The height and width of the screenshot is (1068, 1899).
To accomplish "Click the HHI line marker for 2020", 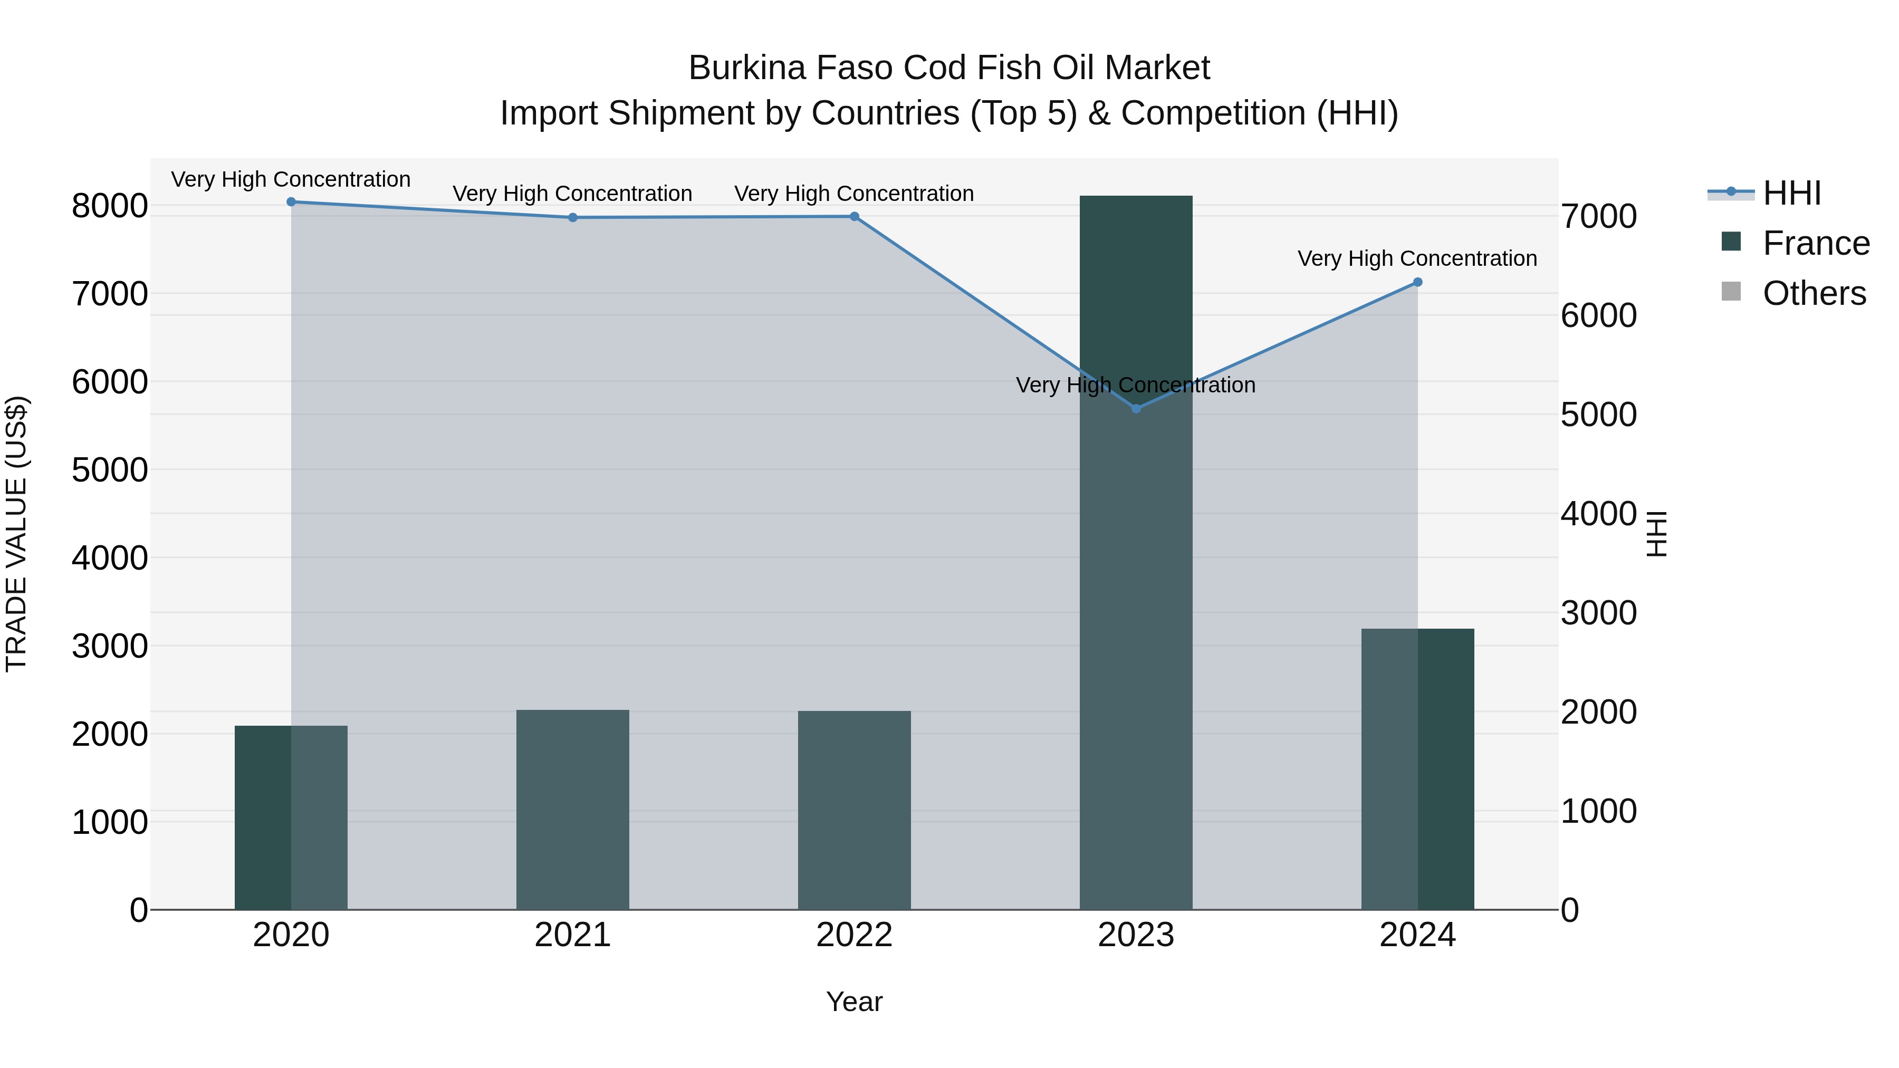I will click(291, 202).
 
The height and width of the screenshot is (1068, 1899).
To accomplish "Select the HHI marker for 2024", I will click(1417, 282).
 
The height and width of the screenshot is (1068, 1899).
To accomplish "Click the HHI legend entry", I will click(1791, 193).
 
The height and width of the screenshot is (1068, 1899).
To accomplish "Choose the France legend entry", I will click(1815, 243).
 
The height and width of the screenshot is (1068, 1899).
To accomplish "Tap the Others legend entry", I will click(1814, 293).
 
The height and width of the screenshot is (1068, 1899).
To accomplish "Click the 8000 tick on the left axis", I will click(110, 206).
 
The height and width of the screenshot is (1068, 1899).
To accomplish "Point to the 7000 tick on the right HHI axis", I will click(1598, 217).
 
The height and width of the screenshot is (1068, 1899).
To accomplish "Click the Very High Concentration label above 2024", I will click(1417, 259).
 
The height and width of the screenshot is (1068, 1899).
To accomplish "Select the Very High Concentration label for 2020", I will click(291, 180).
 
